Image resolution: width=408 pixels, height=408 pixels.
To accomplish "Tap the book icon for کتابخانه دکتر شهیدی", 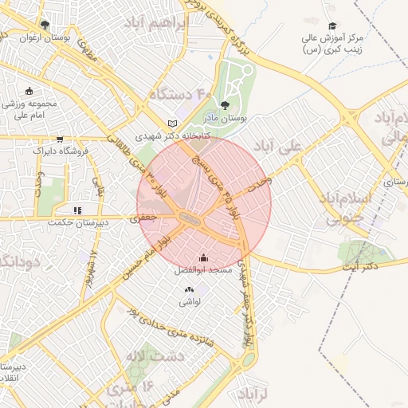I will [173, 124].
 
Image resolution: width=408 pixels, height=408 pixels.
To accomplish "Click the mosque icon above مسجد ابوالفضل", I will [203, 257].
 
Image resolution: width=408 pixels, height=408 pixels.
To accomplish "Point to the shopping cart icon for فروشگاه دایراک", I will [61, 139].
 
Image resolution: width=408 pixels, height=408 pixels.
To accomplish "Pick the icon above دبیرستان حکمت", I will [77, 210].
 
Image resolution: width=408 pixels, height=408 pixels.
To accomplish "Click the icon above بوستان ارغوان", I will [44, 25].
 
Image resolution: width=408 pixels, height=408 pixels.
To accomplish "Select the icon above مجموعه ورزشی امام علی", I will [29, 91].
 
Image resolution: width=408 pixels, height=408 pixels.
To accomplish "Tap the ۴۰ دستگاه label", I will [178, 95].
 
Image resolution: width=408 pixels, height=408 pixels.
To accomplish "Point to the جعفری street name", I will [145, 215].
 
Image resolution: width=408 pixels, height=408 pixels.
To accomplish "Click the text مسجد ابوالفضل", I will [203, 271].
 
